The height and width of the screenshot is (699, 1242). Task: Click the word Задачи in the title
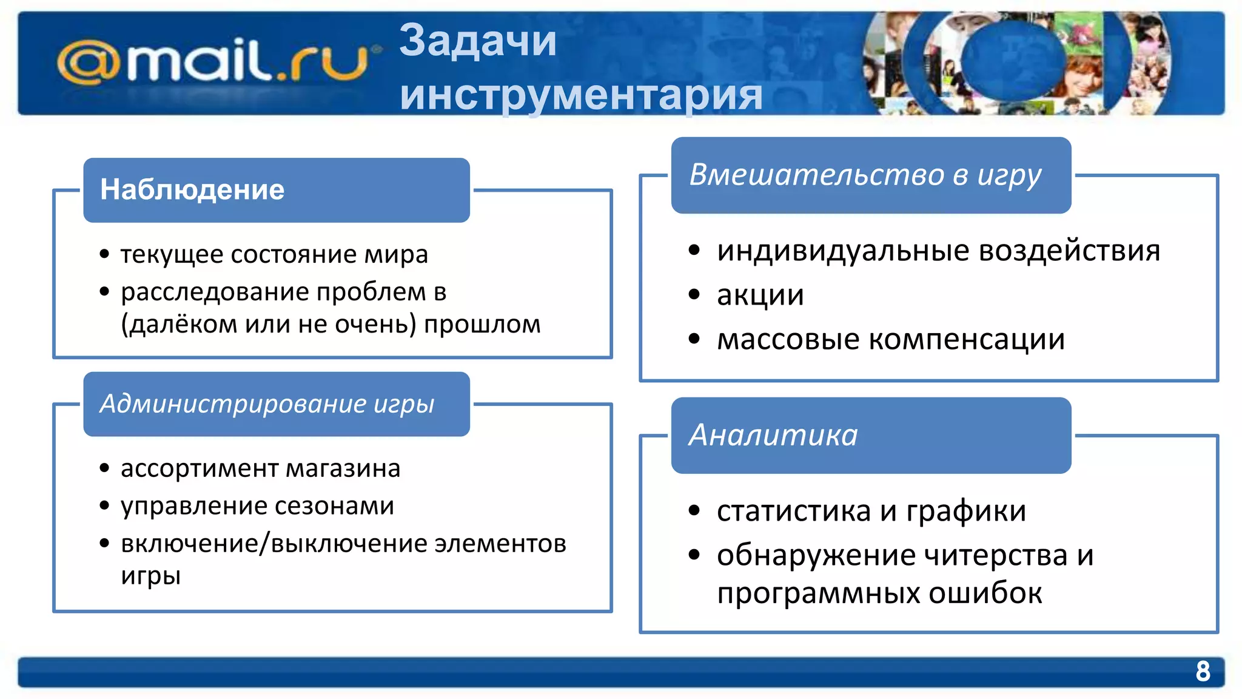point(478,41)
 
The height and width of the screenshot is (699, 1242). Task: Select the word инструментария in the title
point(581,95)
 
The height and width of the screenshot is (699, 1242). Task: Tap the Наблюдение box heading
point(192,190)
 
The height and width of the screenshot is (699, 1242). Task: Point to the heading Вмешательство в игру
point(865,175)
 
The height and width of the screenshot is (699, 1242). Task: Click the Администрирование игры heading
point(267,404)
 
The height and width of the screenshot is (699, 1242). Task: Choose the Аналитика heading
point(773,436)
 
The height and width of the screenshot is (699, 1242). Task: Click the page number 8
point(1203,671)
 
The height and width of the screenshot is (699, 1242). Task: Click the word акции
point(760,295)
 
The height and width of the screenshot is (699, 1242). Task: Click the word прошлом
point(482,325)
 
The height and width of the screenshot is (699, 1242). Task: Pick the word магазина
point(343,469)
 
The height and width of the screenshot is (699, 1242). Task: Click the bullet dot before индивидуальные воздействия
point(694,251)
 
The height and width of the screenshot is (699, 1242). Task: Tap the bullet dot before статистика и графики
point(694,511)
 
